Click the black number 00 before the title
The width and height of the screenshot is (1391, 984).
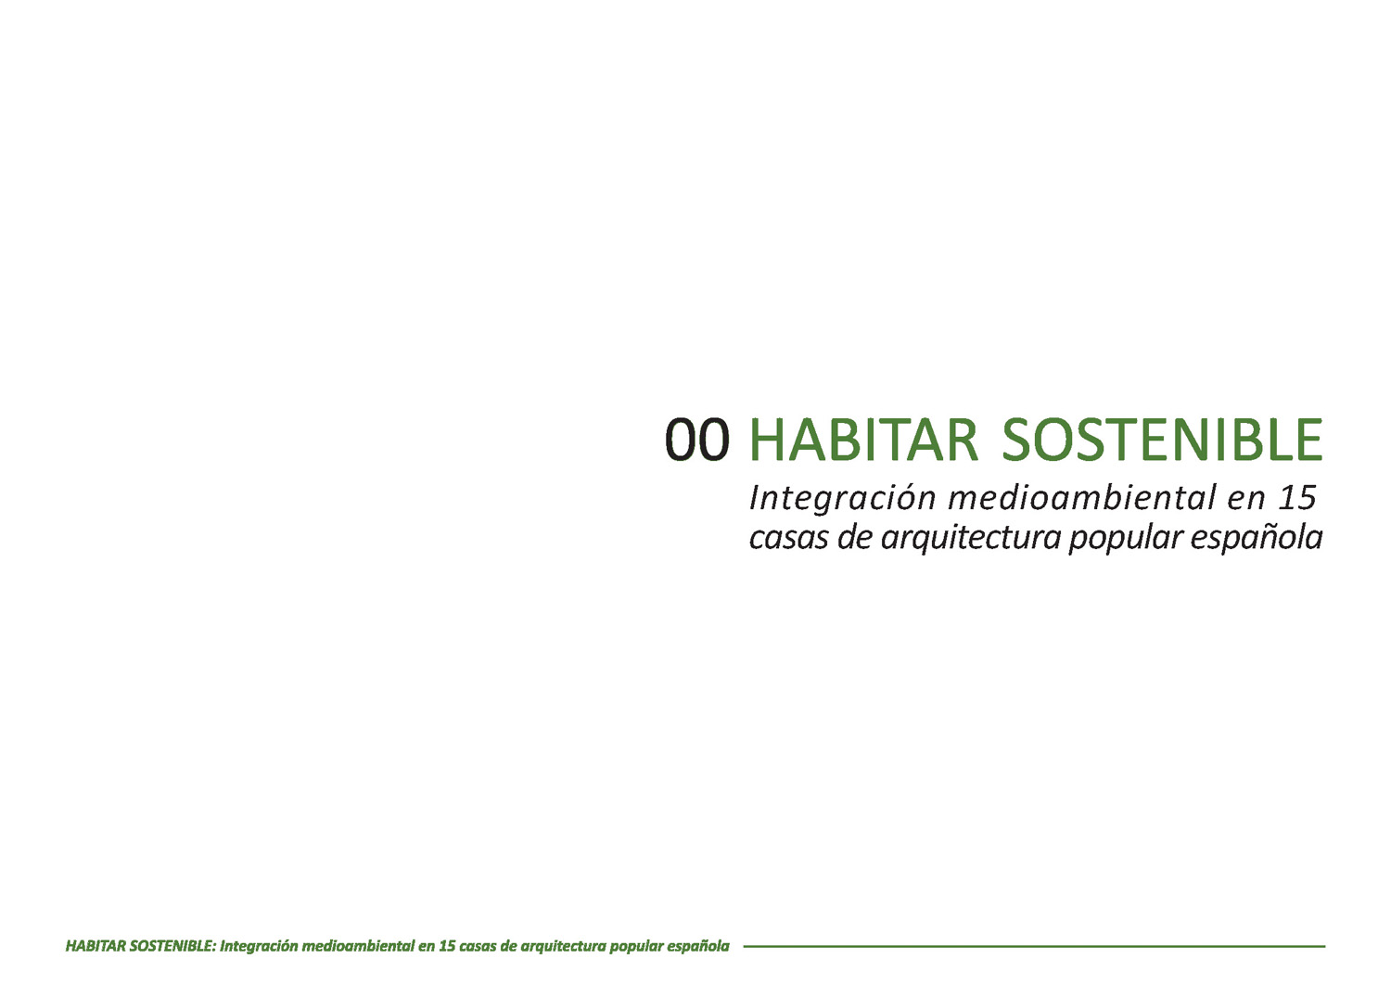[696, 440]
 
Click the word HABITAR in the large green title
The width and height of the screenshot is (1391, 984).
[864, 440]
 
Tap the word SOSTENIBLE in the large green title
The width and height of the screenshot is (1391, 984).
[1163, 440]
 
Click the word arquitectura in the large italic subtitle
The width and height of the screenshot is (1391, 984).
[971, 539]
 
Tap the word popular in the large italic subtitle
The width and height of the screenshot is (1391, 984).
[1125, 539]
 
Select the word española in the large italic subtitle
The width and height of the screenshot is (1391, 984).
[1257, 539]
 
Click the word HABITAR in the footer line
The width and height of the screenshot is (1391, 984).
[96, 946]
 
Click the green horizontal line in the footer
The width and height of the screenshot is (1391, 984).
[1034, 947]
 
